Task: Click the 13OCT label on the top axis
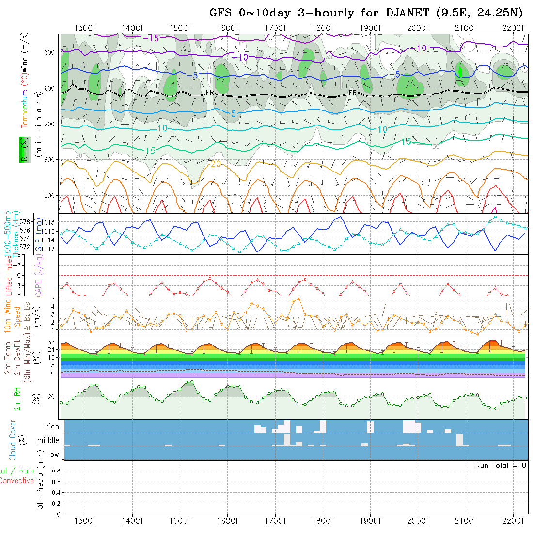click(x=85, y=28)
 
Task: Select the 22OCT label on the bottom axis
click(x=514, y=521)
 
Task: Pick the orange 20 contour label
click(x=215, y=164)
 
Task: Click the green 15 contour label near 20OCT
click(x=406, y=141)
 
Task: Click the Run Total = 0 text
click(x=501, y=465)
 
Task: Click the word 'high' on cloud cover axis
click(x=52, y=427)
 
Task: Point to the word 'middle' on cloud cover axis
click(x=48, y=440)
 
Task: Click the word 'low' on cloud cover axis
click(x=53, y=455)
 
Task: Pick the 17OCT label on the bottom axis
click(x=275, y=521)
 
